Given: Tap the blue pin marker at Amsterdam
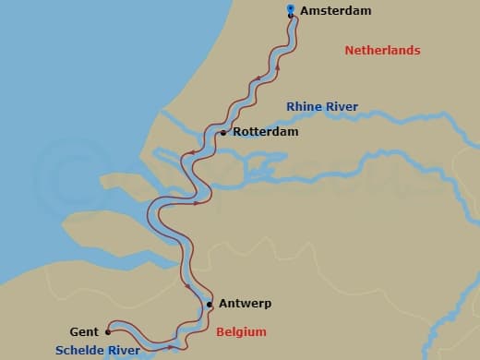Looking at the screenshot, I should [x=291, y=10].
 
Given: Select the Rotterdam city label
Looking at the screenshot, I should [x=266, y=133].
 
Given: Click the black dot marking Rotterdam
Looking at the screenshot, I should [x=223, y=133].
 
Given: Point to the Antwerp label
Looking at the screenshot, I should [x=245, y=304].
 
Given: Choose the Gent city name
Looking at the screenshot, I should [x=84, y=332].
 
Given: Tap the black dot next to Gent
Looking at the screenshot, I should [x=108, y=331].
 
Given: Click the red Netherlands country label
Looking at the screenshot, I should [x=382, y=51].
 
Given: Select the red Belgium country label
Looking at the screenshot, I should [x=241, y=332].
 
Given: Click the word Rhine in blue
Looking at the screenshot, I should [x=304, y=107].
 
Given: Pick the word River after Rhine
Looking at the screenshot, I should [x=341, y=107].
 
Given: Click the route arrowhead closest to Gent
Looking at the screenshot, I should [x=173, y=346].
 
